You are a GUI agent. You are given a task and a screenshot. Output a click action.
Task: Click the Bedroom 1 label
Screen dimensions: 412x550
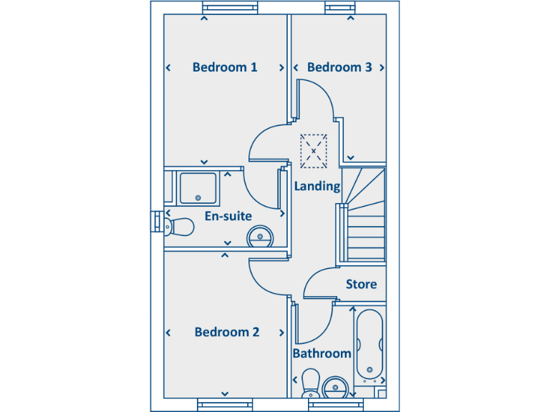click(225, 67)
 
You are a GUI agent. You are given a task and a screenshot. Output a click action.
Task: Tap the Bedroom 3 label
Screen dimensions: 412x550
click(339, 67)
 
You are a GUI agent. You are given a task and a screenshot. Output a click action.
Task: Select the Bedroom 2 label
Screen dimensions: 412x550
click(227, 332)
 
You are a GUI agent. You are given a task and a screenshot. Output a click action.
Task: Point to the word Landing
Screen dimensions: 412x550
click(317, 186)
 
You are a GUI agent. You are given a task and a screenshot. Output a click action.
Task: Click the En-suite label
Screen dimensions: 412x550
click(228, 215)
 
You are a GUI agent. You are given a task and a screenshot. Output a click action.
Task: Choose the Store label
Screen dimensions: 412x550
click(361, 284)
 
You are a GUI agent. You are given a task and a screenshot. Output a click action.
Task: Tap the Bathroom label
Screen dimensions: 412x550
click(322, 353)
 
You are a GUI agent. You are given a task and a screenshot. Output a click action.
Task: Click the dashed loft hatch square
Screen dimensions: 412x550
click(313, 151)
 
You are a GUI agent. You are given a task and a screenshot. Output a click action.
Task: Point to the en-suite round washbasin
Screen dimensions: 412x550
click(260, 235)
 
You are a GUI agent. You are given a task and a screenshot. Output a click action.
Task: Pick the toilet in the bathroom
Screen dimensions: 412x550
click(311, 383)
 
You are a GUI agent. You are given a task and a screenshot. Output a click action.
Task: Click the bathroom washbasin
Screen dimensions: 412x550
click(335, 388)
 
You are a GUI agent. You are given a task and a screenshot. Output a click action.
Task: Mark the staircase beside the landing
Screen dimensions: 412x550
click(364, 215)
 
